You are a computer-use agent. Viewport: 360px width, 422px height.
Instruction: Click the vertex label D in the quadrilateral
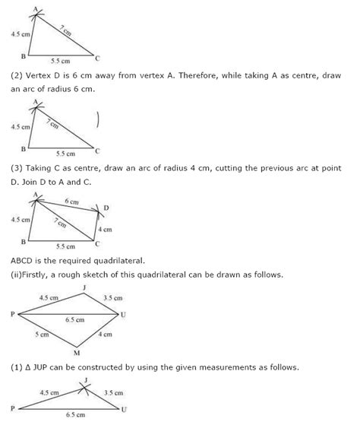coord(106,208)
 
